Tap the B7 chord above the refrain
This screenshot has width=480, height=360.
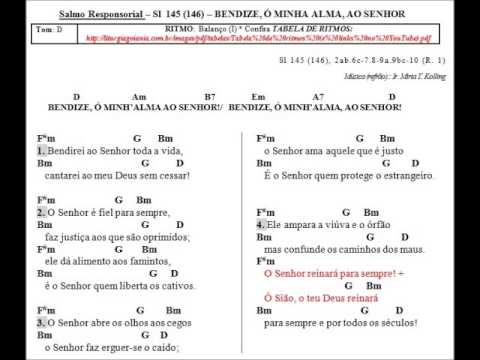point(210,96)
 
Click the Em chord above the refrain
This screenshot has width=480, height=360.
point(258,96)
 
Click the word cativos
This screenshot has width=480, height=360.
point(164,286)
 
